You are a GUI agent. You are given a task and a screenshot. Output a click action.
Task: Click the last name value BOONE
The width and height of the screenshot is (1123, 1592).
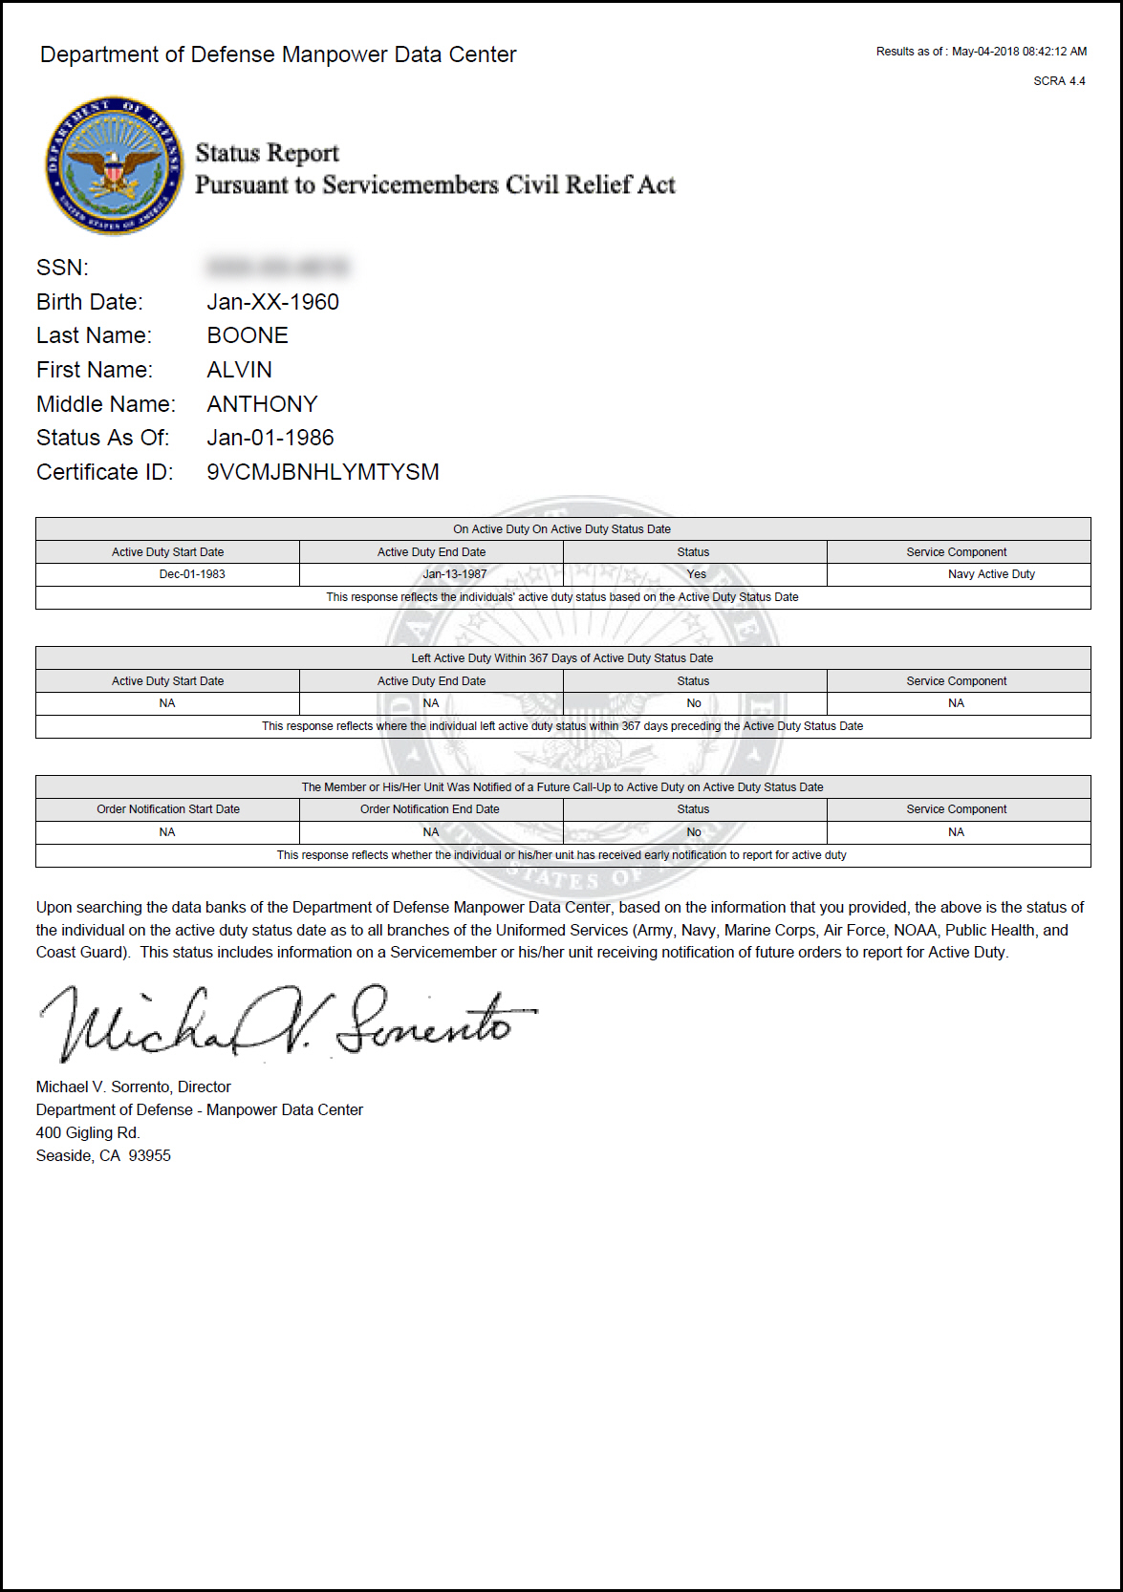(x=248, y=335)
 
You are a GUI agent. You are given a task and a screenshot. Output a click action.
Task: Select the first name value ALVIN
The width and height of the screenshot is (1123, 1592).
(x=239, y=370)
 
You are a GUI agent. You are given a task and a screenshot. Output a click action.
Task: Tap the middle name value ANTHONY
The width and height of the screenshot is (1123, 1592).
(x=262, y=404)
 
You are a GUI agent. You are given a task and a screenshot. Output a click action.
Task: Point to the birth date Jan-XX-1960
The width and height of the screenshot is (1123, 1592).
(x=272, y=302)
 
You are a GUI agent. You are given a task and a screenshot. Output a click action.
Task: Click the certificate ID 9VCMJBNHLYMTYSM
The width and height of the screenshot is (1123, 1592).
(x=323, y=472)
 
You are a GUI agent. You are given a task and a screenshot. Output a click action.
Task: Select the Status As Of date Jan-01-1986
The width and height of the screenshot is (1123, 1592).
(x=270, y=438)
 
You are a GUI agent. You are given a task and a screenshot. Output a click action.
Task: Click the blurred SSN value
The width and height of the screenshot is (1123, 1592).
(x=278, y=267)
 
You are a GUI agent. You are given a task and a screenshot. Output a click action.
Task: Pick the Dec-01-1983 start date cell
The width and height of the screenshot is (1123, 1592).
(x=192, y=574)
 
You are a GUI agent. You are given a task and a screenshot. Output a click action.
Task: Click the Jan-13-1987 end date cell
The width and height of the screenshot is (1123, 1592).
(x=455, y=574)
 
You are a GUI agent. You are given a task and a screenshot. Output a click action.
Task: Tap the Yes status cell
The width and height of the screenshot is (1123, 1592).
(x=696, y=574)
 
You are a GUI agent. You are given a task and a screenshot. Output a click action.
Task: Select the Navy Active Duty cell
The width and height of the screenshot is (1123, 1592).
(x=991, y=574)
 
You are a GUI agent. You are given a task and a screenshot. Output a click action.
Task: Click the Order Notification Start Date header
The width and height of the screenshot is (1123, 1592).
(x=168, y=809)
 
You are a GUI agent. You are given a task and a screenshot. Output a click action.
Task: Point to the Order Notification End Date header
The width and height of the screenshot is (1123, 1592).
(x=430, y=809)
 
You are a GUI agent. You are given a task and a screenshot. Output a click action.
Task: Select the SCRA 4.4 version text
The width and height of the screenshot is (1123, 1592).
(x=1059, y=81)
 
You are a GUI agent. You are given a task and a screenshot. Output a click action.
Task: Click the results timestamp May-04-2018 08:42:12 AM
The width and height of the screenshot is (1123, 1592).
(x=1019, y=52)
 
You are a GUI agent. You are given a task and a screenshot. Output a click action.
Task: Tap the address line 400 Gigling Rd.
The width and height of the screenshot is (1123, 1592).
(x=88, y=1132)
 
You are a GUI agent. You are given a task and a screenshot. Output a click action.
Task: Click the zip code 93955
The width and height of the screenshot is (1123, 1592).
(x=150, y=1155)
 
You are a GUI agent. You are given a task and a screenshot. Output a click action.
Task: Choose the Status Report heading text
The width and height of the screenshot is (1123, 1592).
(x=268, y=153)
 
